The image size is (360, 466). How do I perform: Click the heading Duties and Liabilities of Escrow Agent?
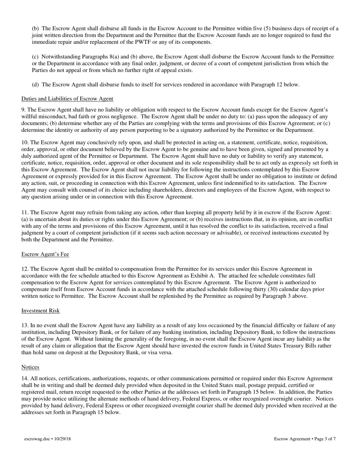tap(67, 99)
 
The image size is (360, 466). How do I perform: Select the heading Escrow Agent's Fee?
tap(45, 254)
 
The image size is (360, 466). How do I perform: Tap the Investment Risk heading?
tap(40, 311)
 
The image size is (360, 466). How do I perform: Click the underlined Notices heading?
tap(30, 367)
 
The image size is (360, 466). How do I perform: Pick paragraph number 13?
tap(25, 325)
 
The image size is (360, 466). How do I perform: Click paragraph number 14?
tap(25, 378)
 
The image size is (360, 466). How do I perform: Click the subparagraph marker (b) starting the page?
tap(35, 28)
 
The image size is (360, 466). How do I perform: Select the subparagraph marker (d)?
tap(35, 85)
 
